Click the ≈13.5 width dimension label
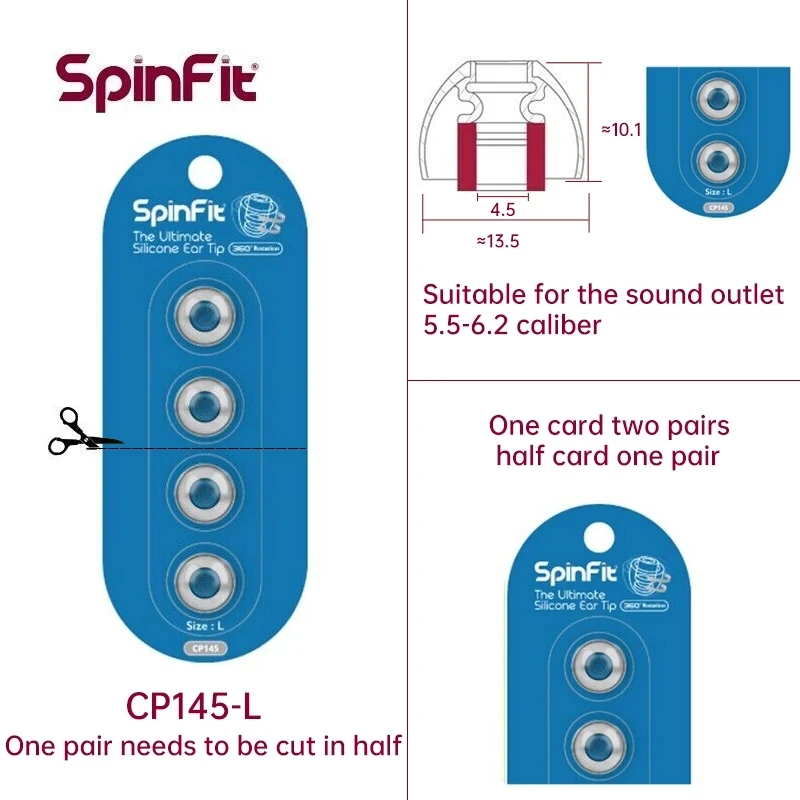497,241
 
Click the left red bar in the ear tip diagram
467,158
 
